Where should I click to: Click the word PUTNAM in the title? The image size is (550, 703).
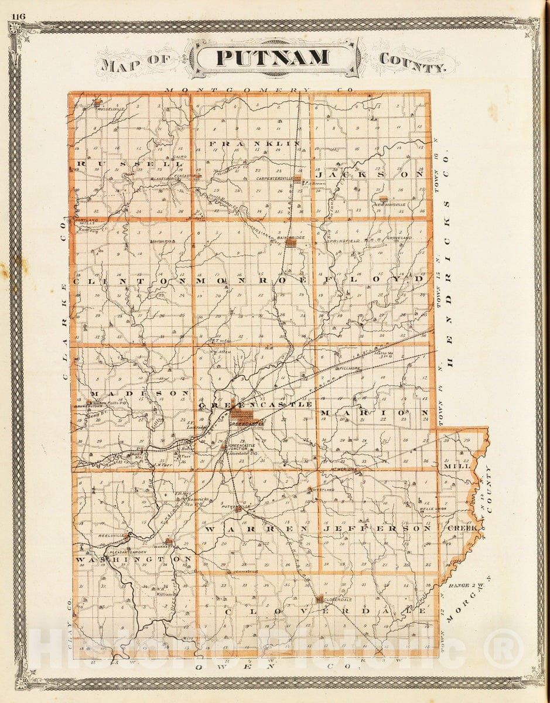tap(273, 58)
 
